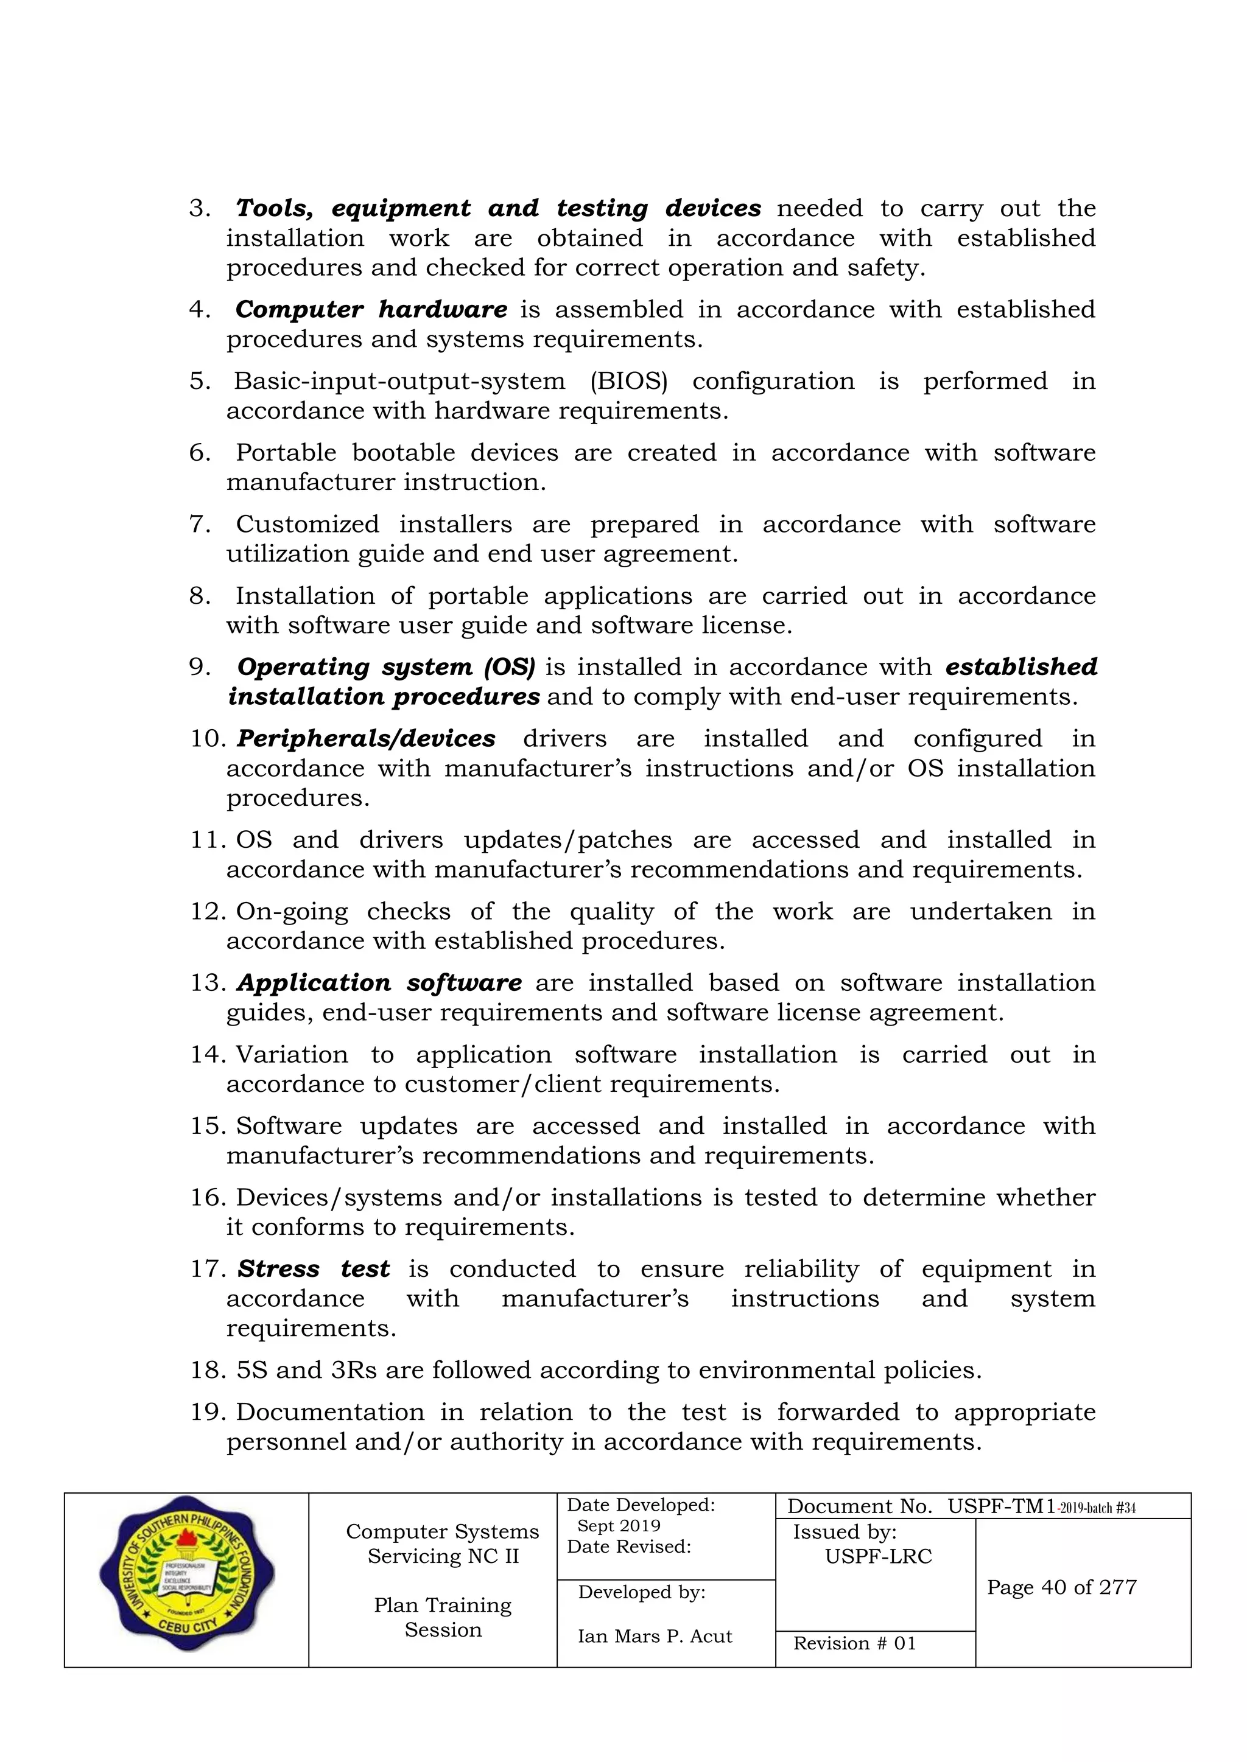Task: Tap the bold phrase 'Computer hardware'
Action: pyautogui.click(x=370, y=310)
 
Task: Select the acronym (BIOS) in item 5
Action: pyautogui.click(x=628, y=382)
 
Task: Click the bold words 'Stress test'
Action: pyautogui.click(x=314, y=1270)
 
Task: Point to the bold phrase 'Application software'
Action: pyautogui.click(x=379, y=983)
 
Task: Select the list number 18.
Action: pyautogui.click(x=205, y=1371)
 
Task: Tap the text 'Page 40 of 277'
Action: pyautogui.click(x=1061, y=1587)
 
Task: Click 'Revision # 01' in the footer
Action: pyautogui.click(x=854, y=1643)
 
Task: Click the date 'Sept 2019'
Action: pyautogui.click(x=618, y=1526)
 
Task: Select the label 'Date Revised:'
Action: pyautogui.click(x=629, y=1547)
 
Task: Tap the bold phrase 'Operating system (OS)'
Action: pyautogui.click(x=385, y=668)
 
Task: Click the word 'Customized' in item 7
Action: pyautogui.click(x=307, y=525)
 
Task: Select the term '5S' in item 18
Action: pyautogui.click(x=251, y=1371)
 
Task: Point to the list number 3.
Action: pyautogui.click(x=200, y=209)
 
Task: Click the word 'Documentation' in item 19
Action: pyautogui.click(x=329, y=1413)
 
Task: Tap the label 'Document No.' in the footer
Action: pyautogui.click(x=859, y=1506)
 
